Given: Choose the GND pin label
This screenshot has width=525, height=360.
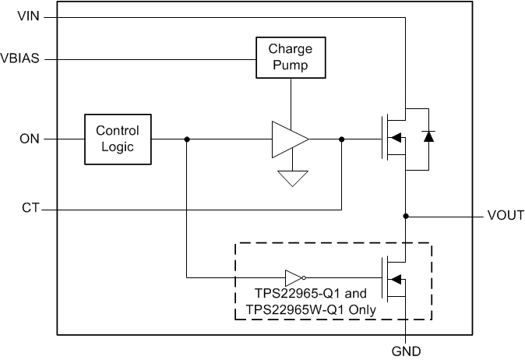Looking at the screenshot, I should click(x=406, y=351).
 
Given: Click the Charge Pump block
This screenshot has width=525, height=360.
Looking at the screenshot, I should click(x=290, y=58).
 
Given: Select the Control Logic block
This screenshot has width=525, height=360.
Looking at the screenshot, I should click(x=118, y=139).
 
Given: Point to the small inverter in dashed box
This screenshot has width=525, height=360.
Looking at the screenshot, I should click(x=294, y=277).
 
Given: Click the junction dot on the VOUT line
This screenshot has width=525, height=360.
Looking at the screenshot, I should click(x=406, y=215).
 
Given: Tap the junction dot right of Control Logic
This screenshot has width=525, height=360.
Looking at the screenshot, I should click(x=186, y=139).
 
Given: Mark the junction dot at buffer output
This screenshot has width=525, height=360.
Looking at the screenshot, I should click(x=342, y=139).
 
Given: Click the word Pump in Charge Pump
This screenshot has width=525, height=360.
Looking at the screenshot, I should click(x=290, y=65).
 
